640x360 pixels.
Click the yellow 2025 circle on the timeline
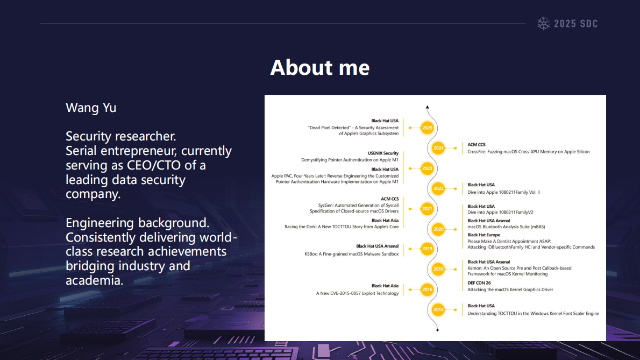tap(427, 128)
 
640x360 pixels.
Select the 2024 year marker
tap(438, 148)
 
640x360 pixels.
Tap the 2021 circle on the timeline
tap(427, 209)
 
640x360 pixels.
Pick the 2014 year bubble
tap(438, 309)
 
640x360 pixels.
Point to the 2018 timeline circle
tap(438, 269)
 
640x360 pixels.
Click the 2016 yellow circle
tap(427, 290)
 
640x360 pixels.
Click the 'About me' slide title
tap(320, 67)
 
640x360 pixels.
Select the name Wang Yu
tap(91, 108)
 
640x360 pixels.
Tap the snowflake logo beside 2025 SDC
tap(544, 24)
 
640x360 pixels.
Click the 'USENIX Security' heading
tap(383, 153)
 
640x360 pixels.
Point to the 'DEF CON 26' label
tap(479, 283)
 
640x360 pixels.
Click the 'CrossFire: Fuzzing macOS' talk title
tap(528, 152)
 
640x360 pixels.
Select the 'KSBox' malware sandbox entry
tap(351, 254)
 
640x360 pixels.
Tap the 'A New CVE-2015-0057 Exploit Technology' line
tap(357, 293)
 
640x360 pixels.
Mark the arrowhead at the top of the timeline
tap(428, 107)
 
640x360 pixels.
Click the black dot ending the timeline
tap(438, 330)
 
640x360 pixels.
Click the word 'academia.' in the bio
tap(94, 280)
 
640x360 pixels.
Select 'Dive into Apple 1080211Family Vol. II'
tap(503, 192)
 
